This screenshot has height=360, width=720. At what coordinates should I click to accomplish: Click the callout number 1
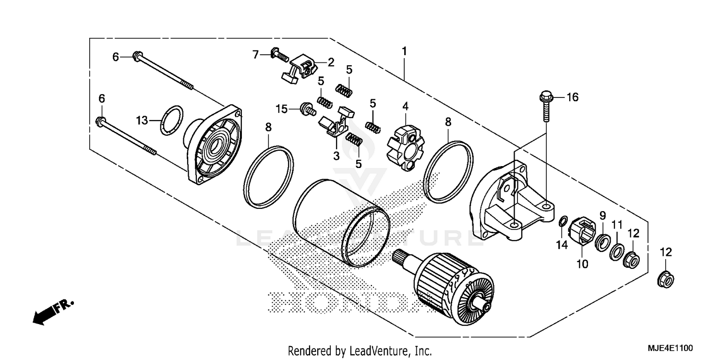pyautogui.click(x=405, y=51)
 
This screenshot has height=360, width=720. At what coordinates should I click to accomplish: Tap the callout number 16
pyautogui.click(x=572, y=97)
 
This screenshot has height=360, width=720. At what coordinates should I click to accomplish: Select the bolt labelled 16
pyautogui.click(x=546, y=108)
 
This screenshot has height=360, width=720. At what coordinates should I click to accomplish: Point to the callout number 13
pyautogui.click(x=142, y=120)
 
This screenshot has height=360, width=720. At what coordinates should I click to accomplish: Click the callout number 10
pyautogui.click(x=582, y=264)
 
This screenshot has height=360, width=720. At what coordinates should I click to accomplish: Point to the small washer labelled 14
pyautogui.click(x=562, y=222)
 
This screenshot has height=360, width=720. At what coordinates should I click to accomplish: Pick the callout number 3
pyautogui.click(x=336, y=156)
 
